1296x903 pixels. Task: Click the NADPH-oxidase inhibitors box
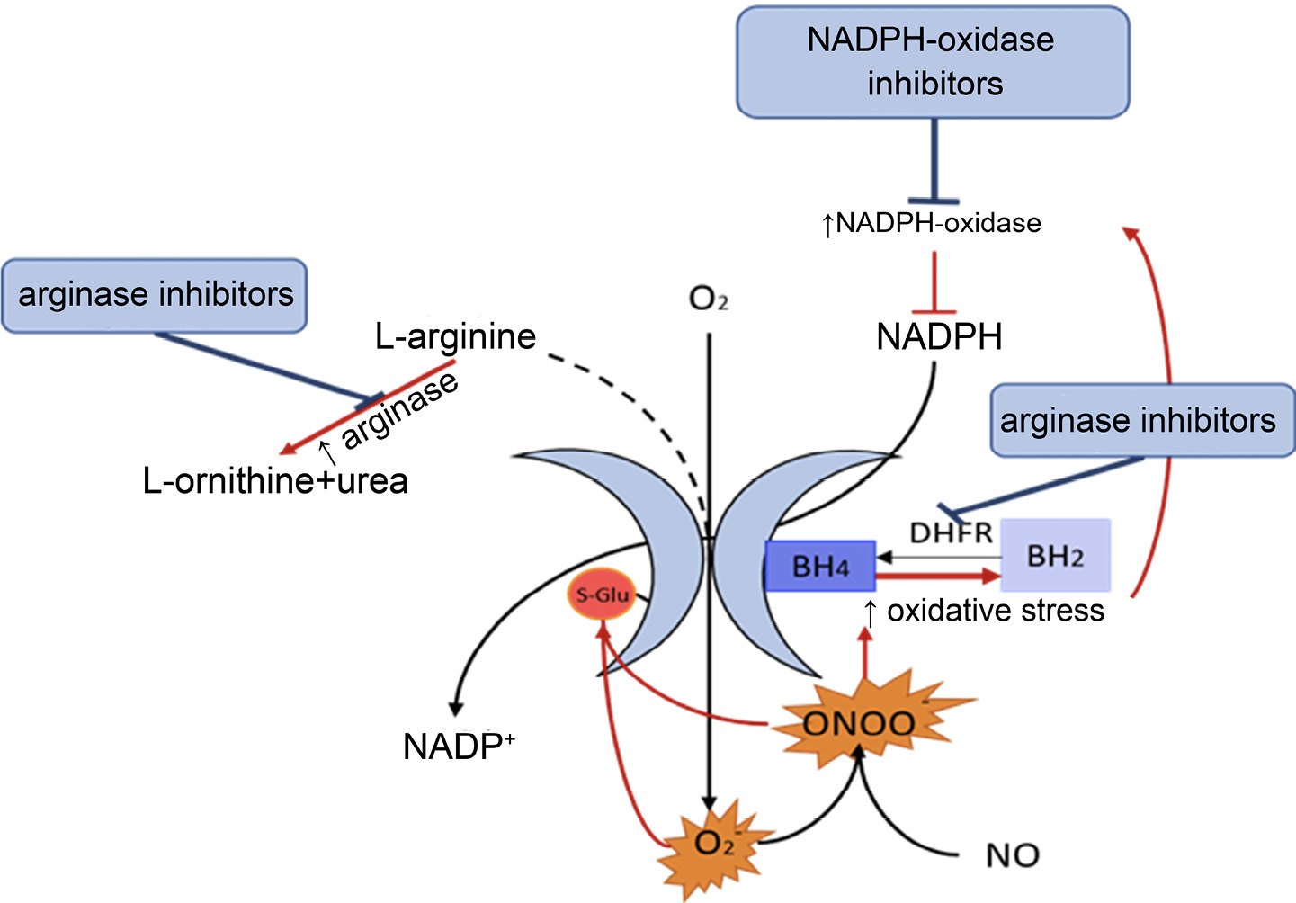pyautogui.click(x=933, y=62)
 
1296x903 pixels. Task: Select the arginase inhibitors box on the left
pyautogui.click(x=155, y=295)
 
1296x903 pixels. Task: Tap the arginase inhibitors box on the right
pyautogui.click(x=1140, y=420)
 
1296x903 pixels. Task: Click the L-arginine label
pyautogui.click(x=455, y=337)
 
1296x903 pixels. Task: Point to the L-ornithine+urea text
pyautogui.click(x=275, y=481)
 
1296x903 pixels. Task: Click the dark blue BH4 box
pyautogui.click(x=819, y=567)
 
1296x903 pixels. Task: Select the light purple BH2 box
pyautogui.click(x=1055, y=556)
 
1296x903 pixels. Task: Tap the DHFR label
pyautogui.click(x=951, y=533)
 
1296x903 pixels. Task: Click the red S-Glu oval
pyautogui.click(x=602, y=595)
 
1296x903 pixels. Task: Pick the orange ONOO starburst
pyautogui.click(x=860, y=722)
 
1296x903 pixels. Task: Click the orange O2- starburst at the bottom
pyautogui.click(x=714, y=844)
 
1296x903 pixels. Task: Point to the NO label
pyautogui.click(x=1013, y=855)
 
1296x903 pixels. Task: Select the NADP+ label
pyautogui.click(x=459, y=747)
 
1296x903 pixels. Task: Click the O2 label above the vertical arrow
pyautogui.click(x=708, y=299)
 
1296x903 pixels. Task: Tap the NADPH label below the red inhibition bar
pyautogui.click(x=939, y=337)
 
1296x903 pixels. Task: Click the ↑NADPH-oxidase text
pyautogui.click(x=932, y=223)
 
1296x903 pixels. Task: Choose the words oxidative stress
pyautogui.click(x=995, y=611)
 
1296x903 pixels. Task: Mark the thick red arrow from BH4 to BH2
pyautogui.click(x=937, y=576)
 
